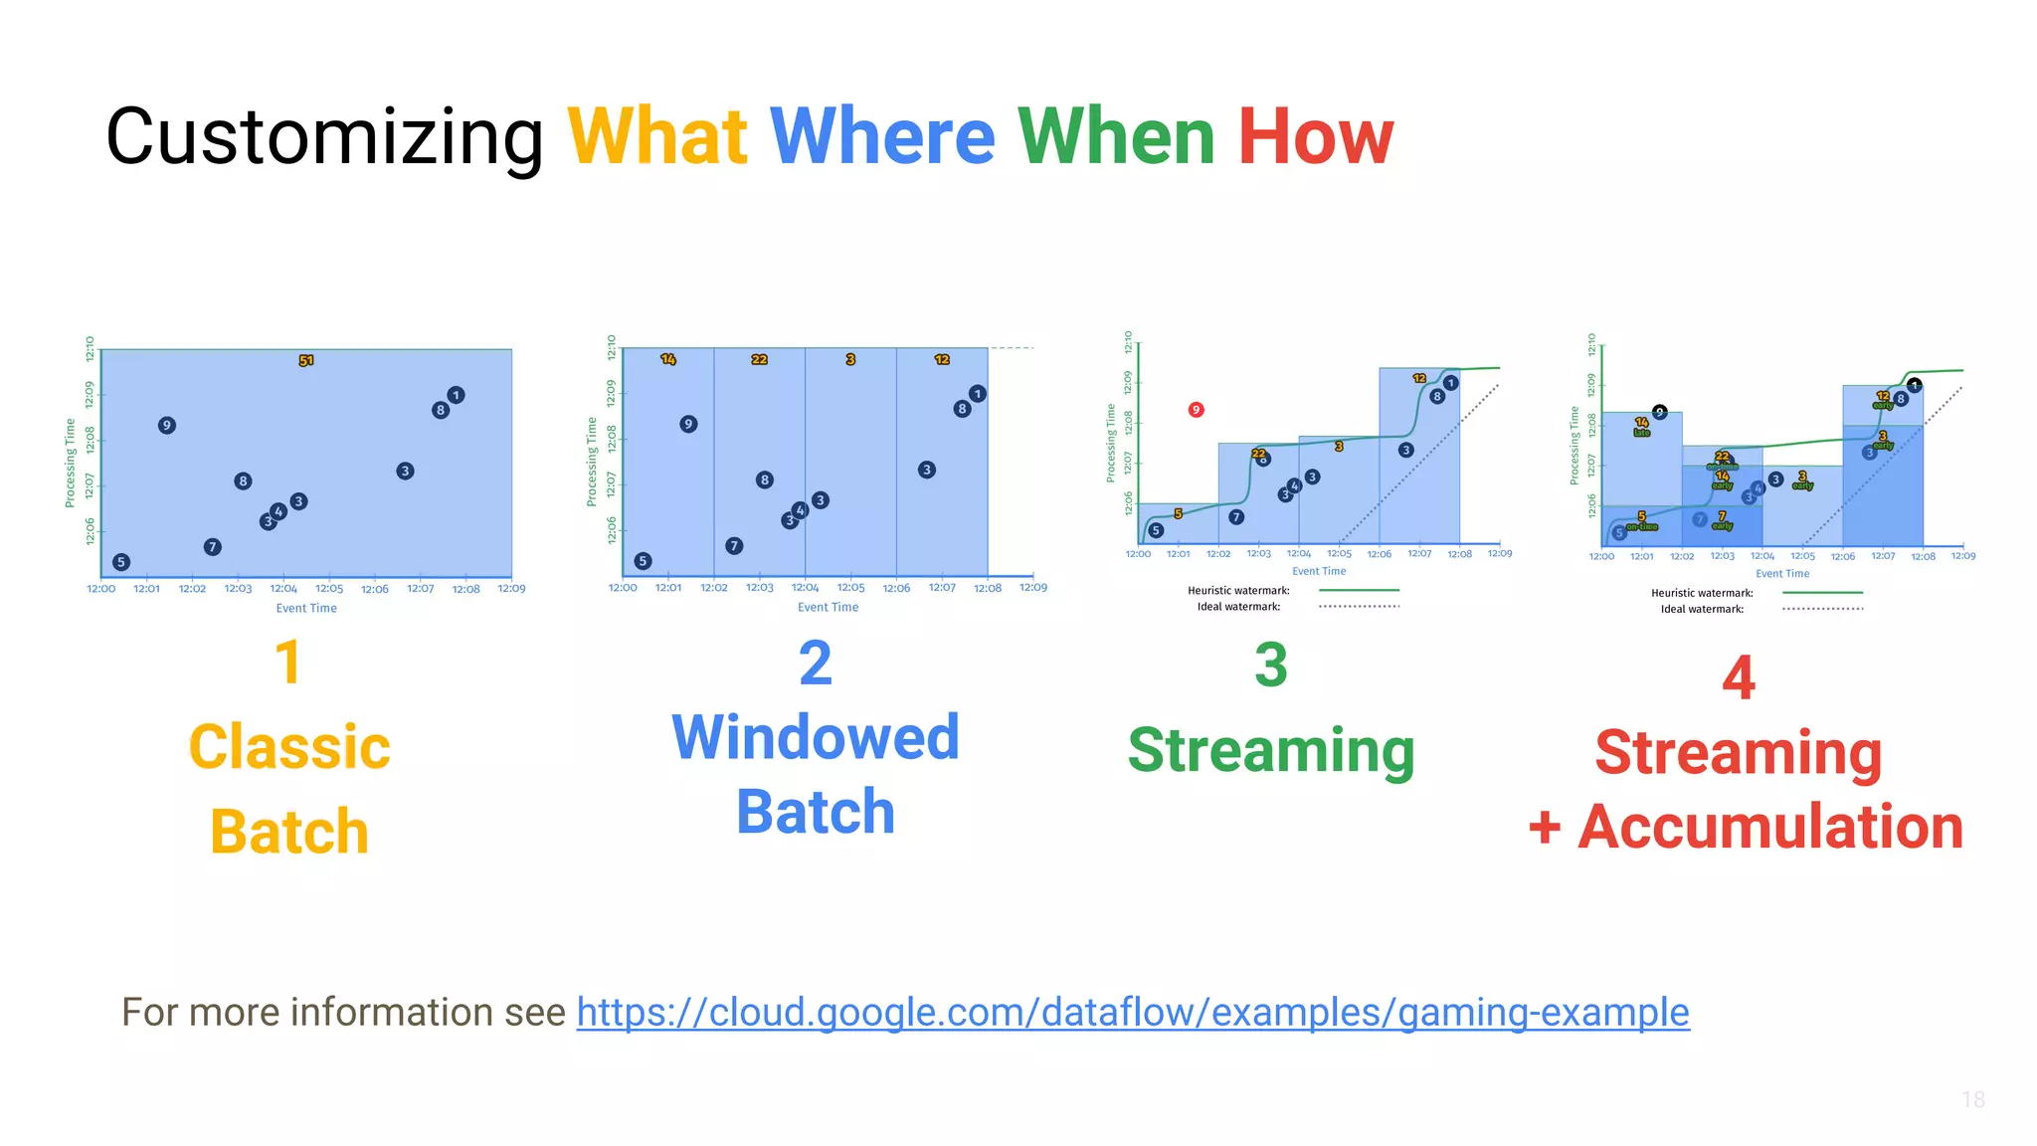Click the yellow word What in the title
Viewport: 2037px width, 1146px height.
(x=656, y=136)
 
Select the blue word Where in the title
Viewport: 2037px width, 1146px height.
(x=881, y=136)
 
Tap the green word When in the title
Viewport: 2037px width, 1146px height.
(x=1115, y=136)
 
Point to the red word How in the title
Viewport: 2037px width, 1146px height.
(x=1315, y=136)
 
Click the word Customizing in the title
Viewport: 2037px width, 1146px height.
(x=324, y=136)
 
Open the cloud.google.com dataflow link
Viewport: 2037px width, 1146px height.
(x=1132, y=1013)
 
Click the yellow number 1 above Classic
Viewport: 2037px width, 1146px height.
(x=287, y=663)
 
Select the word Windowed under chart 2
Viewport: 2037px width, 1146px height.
(x=816, y=737)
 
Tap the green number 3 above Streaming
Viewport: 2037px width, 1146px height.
(x=1270, y=665)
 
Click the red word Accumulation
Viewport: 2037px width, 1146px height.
(x=1769, y=827)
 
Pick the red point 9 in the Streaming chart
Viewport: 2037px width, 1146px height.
(x=1196, y=409)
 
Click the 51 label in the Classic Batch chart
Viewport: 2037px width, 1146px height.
(x=306, y=360)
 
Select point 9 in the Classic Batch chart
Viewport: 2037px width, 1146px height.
(x=166, y=425)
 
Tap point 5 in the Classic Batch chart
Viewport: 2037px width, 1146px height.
(x=121, y=562)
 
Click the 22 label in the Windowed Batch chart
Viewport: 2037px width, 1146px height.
(x=759, y=359)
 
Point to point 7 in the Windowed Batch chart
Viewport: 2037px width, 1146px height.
(x=733, y=545)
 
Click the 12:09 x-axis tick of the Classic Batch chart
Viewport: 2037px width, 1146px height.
(x=511, y=589)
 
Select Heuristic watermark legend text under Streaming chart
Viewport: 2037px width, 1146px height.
(x=1238, y=591)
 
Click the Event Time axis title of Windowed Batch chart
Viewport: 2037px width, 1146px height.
(x=828, y=607)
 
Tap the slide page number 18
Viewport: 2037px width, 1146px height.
(x=1972, y=1099)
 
